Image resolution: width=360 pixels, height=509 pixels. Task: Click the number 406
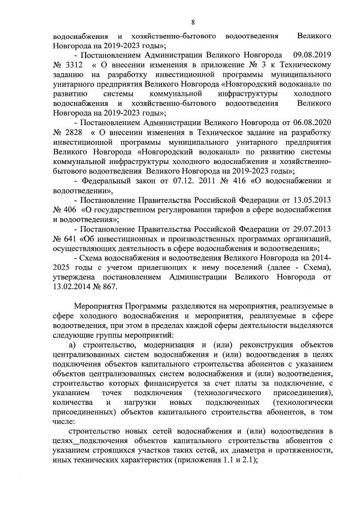(70, 210)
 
